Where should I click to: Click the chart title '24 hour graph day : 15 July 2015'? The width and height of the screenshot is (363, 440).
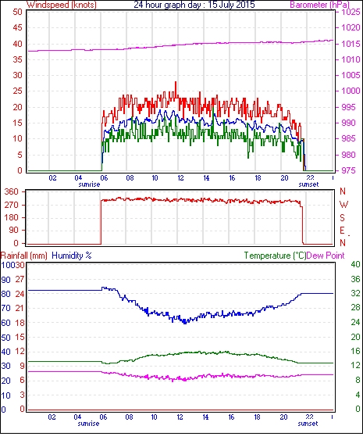coord(194,5)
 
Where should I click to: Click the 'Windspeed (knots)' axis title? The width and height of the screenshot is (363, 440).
coord(62,5)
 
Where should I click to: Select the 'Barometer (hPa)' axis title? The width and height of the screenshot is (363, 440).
coord(319,5)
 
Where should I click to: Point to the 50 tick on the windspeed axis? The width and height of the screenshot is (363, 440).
coord(17,12)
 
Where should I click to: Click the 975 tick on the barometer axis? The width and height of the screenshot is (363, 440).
coord(348,170)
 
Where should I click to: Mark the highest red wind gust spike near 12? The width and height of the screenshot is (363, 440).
coord(176,82)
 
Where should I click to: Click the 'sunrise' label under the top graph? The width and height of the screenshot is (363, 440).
coord(89,184)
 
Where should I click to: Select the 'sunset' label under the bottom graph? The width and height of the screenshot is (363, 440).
coord(308,424)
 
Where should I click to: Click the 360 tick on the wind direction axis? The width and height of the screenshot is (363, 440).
coord(12,191)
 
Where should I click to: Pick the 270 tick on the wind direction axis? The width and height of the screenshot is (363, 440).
coord(12,205)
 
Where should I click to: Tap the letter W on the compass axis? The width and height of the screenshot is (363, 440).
coord(343,205)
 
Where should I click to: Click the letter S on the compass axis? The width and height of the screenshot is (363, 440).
coord(342,217)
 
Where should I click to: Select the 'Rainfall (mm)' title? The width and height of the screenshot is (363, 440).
coord(24,256)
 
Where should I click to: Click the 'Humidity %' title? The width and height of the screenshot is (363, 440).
coord(72,256)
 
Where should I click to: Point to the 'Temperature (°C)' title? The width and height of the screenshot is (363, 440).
coord(275,256)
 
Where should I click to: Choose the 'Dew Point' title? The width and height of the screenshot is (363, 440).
coord(326,256)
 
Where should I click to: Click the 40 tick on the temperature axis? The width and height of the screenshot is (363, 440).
coord(355,264)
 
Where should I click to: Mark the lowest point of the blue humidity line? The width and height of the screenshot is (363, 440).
coord(185,324)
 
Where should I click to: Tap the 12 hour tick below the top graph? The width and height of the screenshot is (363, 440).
coord(180,178)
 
